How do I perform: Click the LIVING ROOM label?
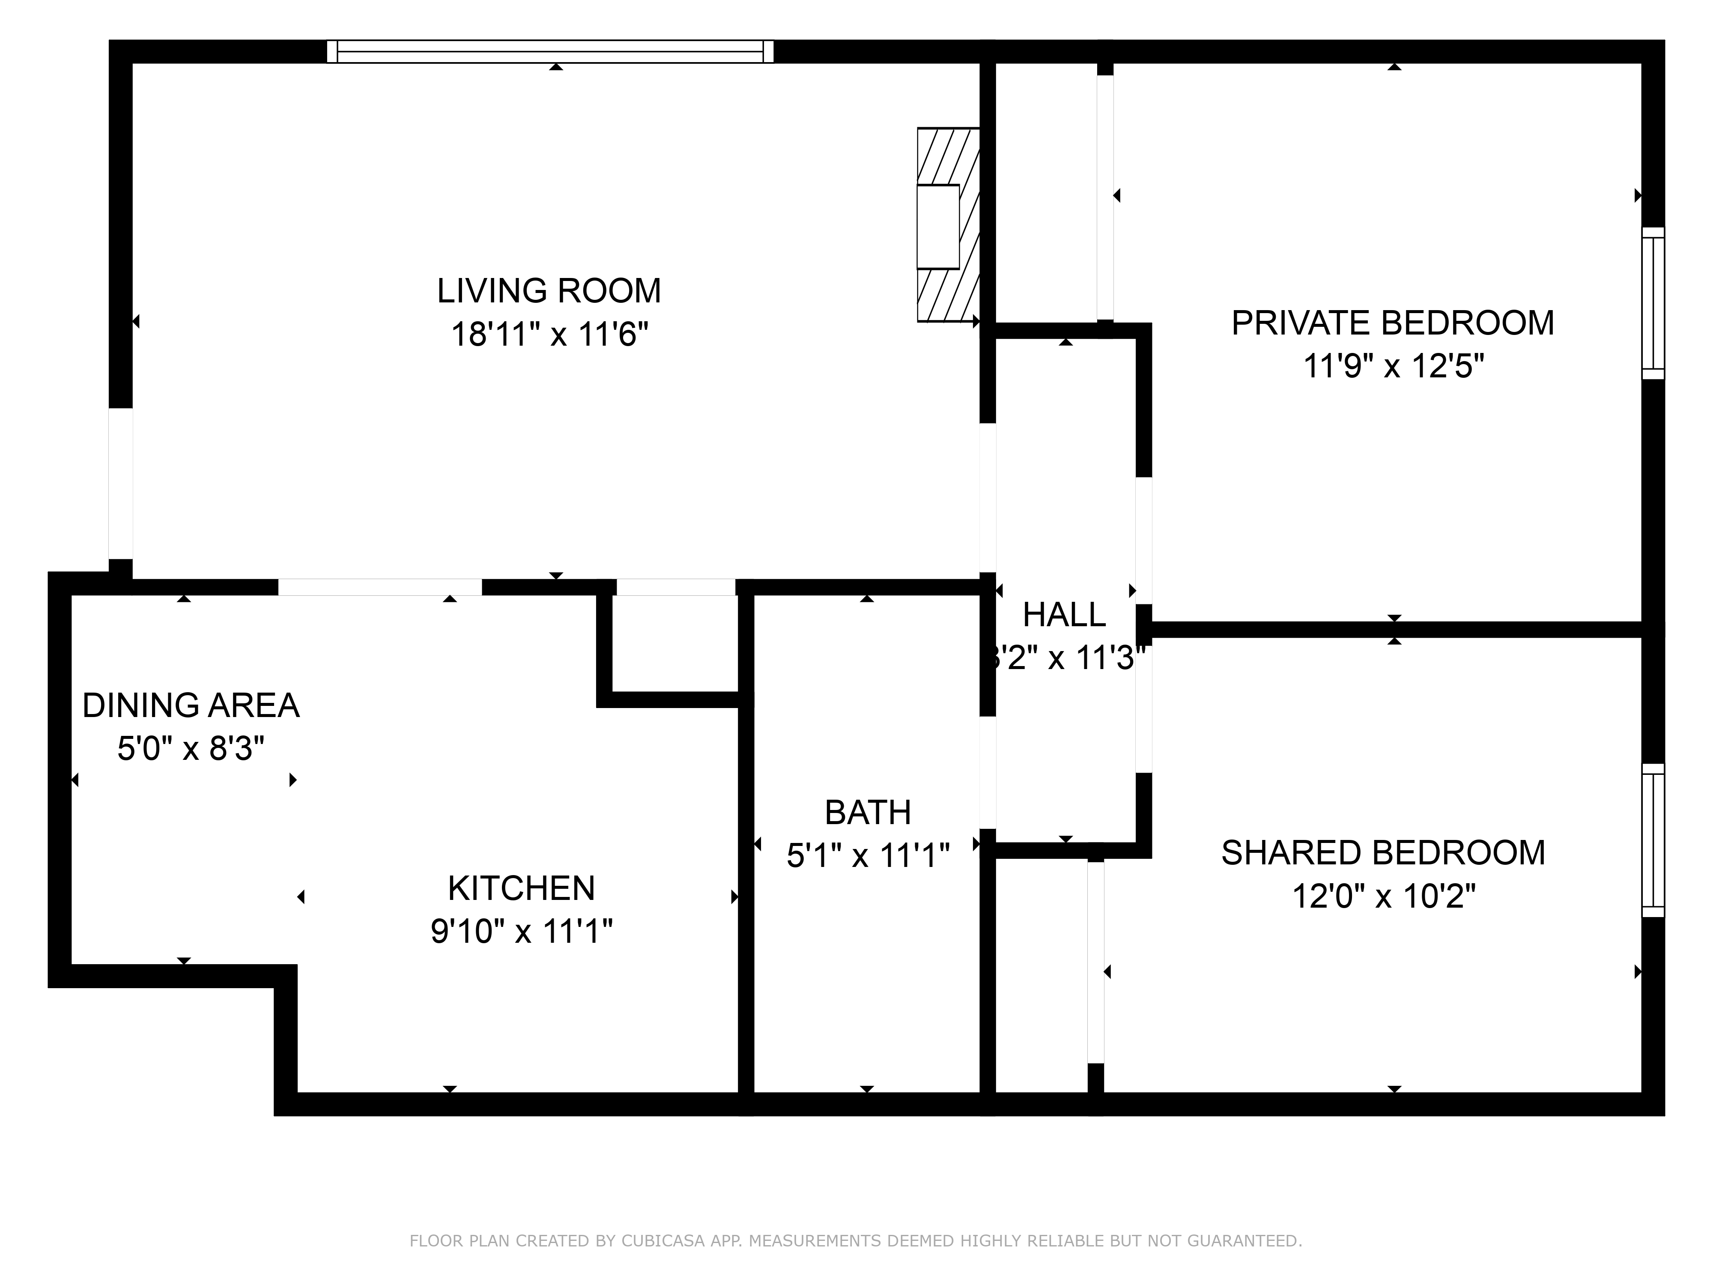549,291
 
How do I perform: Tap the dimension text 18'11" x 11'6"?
549,335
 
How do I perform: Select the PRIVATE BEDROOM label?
1392,323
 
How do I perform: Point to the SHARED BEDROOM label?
1383,853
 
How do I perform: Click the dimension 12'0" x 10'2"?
1383,897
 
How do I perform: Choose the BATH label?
867,813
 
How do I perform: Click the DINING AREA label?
191,705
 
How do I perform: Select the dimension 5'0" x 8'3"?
191,749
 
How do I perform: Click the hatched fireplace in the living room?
948,224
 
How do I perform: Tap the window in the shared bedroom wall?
1653,840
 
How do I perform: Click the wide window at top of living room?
550,52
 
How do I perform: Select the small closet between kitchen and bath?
675,643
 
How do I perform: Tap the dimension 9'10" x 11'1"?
521,932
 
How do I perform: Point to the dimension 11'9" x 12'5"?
1392,366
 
